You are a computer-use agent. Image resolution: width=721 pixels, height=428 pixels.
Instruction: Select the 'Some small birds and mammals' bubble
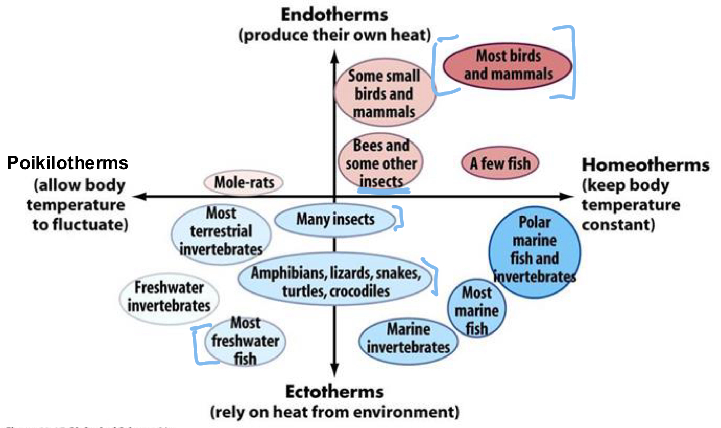click(384, 93)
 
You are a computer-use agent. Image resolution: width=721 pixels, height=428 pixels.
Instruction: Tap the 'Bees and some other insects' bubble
click(381, 163)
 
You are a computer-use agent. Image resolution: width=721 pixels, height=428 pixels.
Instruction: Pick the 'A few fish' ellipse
click(500, 163)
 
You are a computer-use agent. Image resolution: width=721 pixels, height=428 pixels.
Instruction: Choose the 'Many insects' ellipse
click(335, 220)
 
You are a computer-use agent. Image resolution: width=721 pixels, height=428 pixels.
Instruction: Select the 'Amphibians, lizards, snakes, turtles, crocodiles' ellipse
click(335, 282)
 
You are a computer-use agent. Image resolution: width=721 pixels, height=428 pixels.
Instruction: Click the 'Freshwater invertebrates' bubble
click(169, 297)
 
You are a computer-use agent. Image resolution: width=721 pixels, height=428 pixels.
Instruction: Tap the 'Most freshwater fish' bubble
click(245, 341)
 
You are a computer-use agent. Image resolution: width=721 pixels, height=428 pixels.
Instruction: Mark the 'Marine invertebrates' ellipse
click(408, 338)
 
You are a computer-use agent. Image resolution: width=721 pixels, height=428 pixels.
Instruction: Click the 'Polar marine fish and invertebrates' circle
click(534, 249)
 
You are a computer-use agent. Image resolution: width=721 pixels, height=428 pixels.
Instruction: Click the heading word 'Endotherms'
click(334, 14)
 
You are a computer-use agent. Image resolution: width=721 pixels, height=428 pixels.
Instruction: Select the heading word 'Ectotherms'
click(334, 392)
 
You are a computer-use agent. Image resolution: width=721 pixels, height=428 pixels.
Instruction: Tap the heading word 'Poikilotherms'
click(67, 163)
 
